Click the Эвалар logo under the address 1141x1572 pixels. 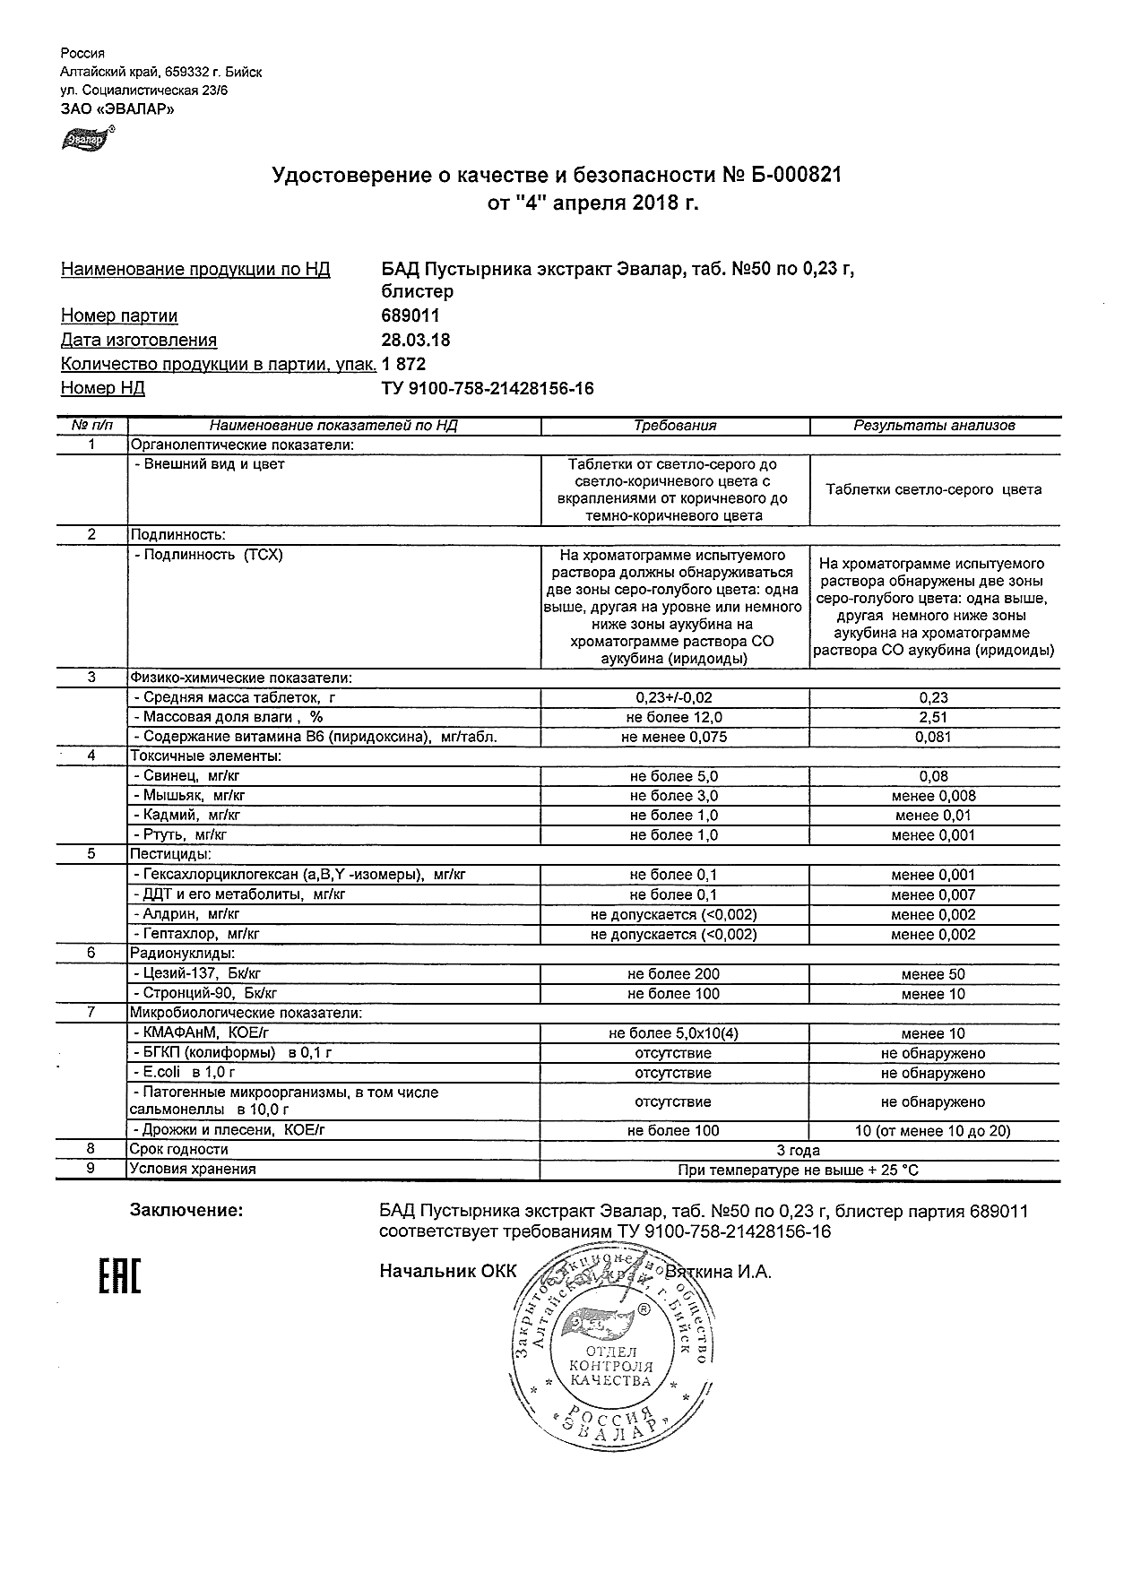tap(85, 139)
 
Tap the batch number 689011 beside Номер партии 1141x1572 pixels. tap(411, 316)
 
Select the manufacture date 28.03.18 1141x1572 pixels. tap(416, 341)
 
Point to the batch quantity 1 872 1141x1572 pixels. tap(403, 365)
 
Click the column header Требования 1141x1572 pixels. tap(675, 426)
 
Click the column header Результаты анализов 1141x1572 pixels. tap(934, 426)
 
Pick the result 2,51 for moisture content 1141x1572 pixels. tap(933, 717)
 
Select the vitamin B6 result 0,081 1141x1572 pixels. tap(933, 737)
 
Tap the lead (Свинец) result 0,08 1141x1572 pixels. tap(933, 776)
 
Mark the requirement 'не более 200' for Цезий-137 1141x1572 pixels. tap(673, 974)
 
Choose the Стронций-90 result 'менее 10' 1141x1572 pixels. tap(933, 994)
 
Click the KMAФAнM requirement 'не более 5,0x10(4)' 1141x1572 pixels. tap(673, 1033)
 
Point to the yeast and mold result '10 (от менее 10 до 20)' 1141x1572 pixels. tap(933, 1131)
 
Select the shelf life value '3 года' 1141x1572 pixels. tap(798, 1150)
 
